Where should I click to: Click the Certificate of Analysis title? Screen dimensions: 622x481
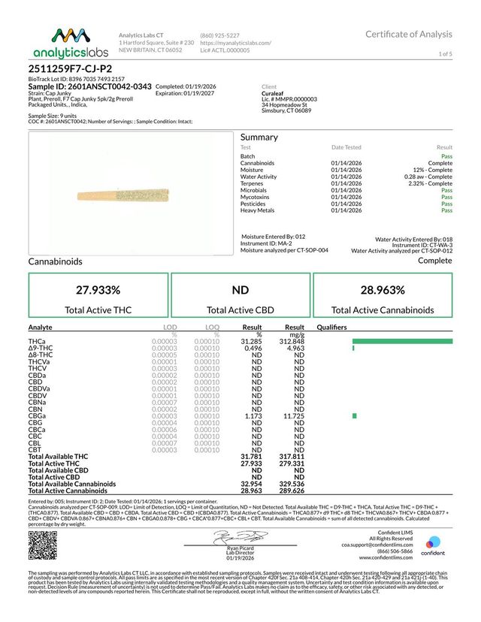coord(409,35)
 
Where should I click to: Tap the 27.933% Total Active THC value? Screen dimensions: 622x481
coord(98,290)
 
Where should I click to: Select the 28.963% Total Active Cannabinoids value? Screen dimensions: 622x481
coord(386,290)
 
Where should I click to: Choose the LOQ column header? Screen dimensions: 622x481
coord(213,328)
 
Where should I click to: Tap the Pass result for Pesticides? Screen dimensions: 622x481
coord(446,204)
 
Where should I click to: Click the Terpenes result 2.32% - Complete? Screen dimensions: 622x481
coord(431,183)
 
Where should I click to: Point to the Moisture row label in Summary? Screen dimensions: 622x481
coord(253,170)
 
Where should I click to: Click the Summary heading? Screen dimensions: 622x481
coord(259,137)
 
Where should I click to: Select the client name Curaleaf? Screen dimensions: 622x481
coord(273,93)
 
